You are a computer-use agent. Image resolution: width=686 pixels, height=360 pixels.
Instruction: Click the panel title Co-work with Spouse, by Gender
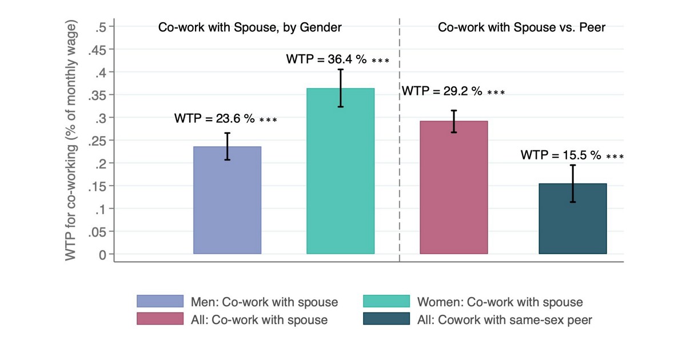pos(250,27)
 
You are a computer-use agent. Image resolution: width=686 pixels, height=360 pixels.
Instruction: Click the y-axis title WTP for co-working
pos(70,141)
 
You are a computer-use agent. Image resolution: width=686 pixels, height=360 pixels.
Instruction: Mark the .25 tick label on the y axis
pos(98,141)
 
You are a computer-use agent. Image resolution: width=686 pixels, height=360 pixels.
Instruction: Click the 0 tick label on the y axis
pos(103,254)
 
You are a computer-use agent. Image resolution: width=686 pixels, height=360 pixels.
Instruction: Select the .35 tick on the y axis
pos(98,95)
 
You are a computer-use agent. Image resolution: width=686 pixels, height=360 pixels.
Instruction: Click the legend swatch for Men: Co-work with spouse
pos(160,302)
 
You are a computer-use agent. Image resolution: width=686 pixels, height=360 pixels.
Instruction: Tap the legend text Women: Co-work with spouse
pos(500,302)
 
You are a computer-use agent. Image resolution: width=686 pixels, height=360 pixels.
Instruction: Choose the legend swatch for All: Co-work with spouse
pos(160,319)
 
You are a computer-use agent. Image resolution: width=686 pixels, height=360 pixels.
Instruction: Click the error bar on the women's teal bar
pos(340,88)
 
